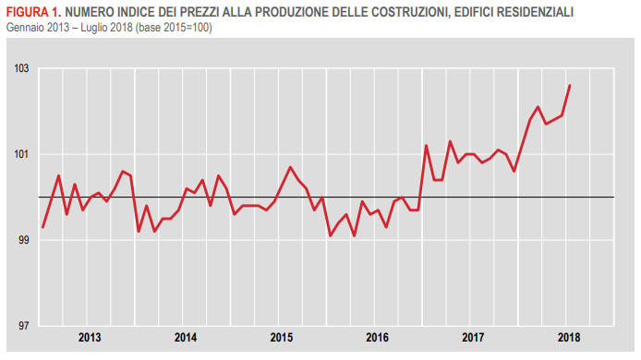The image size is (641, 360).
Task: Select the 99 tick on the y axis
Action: click(x=21, y=241)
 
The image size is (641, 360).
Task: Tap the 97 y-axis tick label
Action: click(x=21, y=327)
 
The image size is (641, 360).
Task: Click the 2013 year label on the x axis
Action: click(x=90, y=338)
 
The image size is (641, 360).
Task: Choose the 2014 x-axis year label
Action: click(x=186, y=338)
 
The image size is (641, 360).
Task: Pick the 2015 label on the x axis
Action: click(x=282, y=338)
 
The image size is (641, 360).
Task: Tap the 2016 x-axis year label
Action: click(x=377, y=338)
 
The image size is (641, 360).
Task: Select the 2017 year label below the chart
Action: click(x=473, y=338)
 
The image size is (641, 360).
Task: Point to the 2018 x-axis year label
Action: click(x=569, y=338)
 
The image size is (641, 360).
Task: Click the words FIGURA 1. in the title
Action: click(x=32, y=13)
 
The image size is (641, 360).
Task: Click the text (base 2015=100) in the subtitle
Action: click(x=170, y=27)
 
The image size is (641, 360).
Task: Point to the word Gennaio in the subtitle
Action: click(x=24, y=27)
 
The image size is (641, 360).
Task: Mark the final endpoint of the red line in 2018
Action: click(x=570, y=85)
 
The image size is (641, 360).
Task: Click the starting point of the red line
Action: click(x=42, y=227)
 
